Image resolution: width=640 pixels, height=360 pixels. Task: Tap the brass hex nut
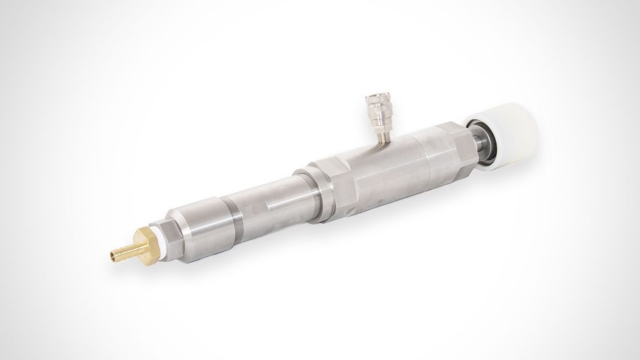[145, 242]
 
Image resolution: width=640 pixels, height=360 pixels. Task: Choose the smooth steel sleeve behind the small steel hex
[200, 221]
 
